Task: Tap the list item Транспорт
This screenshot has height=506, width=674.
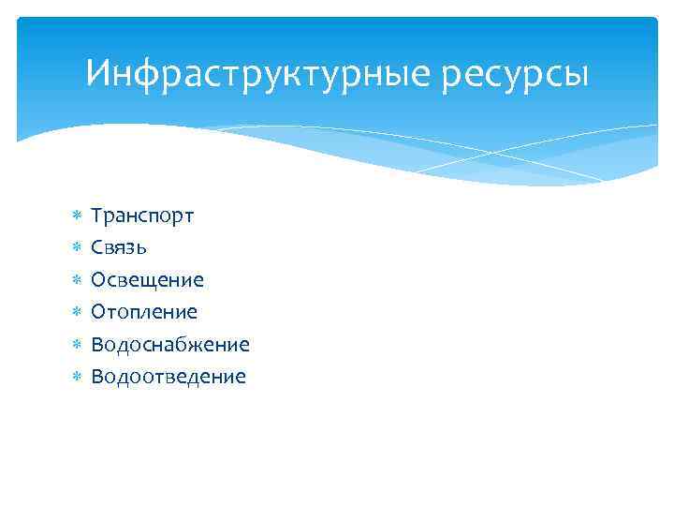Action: tap(142, 216)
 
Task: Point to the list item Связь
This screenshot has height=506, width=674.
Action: tap(118, 248)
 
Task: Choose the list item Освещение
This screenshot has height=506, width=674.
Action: tap(147, 280)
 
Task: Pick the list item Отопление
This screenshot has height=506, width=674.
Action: tap(144, 312)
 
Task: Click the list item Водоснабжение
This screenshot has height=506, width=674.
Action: tap(170, 344)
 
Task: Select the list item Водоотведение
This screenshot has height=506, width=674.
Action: tap(168, 377)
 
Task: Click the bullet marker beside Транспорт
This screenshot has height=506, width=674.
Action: tap(78, 216)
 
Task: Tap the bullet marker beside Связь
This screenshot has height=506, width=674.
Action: tap(78, 248)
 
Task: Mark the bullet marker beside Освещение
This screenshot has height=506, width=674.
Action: tap(78, 280)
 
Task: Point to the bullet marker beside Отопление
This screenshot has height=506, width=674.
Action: tap(78, 312)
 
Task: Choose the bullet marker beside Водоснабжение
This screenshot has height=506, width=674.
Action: tap(78, 345)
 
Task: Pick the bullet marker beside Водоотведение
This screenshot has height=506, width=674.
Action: tap(78, 377)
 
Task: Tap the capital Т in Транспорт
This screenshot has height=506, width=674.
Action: tap(96, 216)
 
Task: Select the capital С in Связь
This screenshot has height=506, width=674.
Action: tap(96, 248)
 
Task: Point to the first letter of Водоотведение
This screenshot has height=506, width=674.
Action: tap(96, 377)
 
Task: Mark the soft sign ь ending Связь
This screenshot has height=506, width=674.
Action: tap(140, 249)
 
